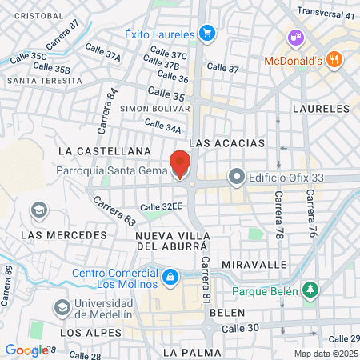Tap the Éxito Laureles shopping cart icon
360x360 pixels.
click(207, 34)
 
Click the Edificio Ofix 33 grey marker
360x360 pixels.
click(236, 176)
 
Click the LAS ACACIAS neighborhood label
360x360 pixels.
click(226, 142)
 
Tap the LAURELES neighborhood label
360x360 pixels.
click(322, 107)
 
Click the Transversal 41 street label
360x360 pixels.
click(326, 14)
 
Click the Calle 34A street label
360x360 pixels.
click(162, 126)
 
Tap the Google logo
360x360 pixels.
click(27, 350)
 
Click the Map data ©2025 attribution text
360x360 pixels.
click(326, 353)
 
